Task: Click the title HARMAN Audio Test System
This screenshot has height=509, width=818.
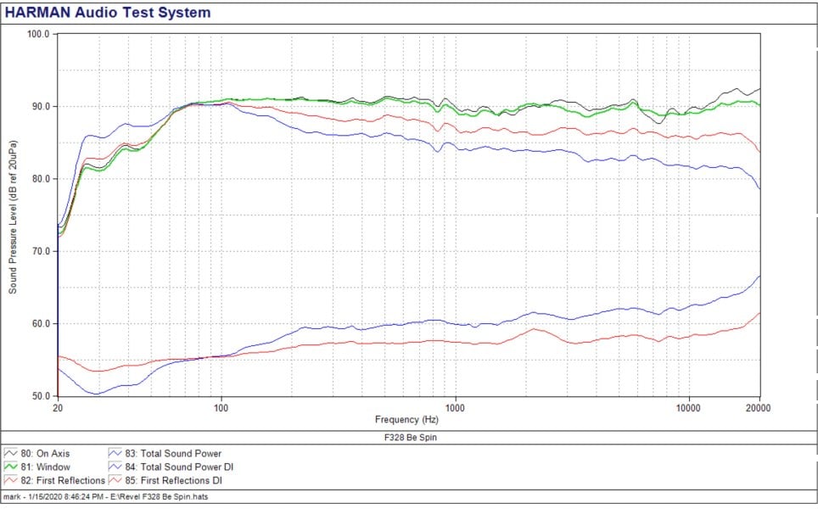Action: pyautogui.click(x=108, y=13)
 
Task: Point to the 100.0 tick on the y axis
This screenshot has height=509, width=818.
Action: pyautogui.click(x=39, y=34)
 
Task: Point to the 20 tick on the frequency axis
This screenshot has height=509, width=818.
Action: pyautogui.click(x=57, y=407)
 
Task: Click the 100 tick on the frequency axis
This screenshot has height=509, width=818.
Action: pyautogui.click(x=221, y=407)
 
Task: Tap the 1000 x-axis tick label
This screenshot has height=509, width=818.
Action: pyautogui.click(x=456, y=407)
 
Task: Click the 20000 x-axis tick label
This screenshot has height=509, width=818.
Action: pyautogui.click(x=758, y=407)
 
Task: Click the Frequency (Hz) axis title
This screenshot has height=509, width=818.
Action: pyautogui.click(x=408, y=419)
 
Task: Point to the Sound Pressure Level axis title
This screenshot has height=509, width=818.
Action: pyautogui.click(x=14, y=215)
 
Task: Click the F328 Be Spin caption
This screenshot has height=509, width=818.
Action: pyautogui.click(x=408, y=438)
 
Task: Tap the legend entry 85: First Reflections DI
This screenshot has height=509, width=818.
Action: pyautogui.click(x=175, y=481)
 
